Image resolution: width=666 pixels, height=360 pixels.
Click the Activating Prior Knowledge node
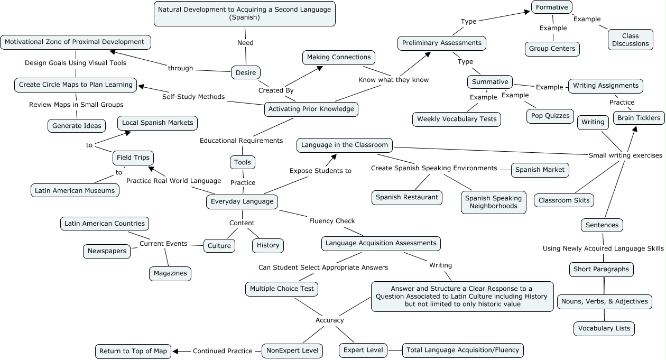click(x=311, y=109)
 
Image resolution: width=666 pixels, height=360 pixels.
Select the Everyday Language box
click(x=242, y=201)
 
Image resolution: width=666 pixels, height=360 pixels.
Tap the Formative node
click(x=552, y=7)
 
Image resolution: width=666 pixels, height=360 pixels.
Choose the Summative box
click(x=490, y=82)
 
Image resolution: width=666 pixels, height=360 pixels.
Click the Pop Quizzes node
click(x=550, y=116)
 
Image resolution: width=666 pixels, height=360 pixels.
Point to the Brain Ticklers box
click(x=639, y=118)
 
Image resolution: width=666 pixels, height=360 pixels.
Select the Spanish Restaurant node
click(x=406, y=197)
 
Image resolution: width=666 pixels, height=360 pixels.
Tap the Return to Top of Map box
click(x=133, y=351)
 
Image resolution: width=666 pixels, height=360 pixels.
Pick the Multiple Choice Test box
click(x=282, y=289)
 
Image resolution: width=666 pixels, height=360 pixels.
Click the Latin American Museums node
click(x=75, y=190)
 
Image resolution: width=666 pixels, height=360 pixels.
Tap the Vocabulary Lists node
click(x=604, y=328)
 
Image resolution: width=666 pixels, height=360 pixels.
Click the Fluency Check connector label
click(x=332, y=221)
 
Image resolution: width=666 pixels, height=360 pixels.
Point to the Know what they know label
click(x=393, y=80)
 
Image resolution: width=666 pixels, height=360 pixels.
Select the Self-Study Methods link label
click(x=193, y=97)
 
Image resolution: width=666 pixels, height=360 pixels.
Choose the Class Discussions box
click(x=630, y=40)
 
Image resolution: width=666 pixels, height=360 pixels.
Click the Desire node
click(x=246, y=72)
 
